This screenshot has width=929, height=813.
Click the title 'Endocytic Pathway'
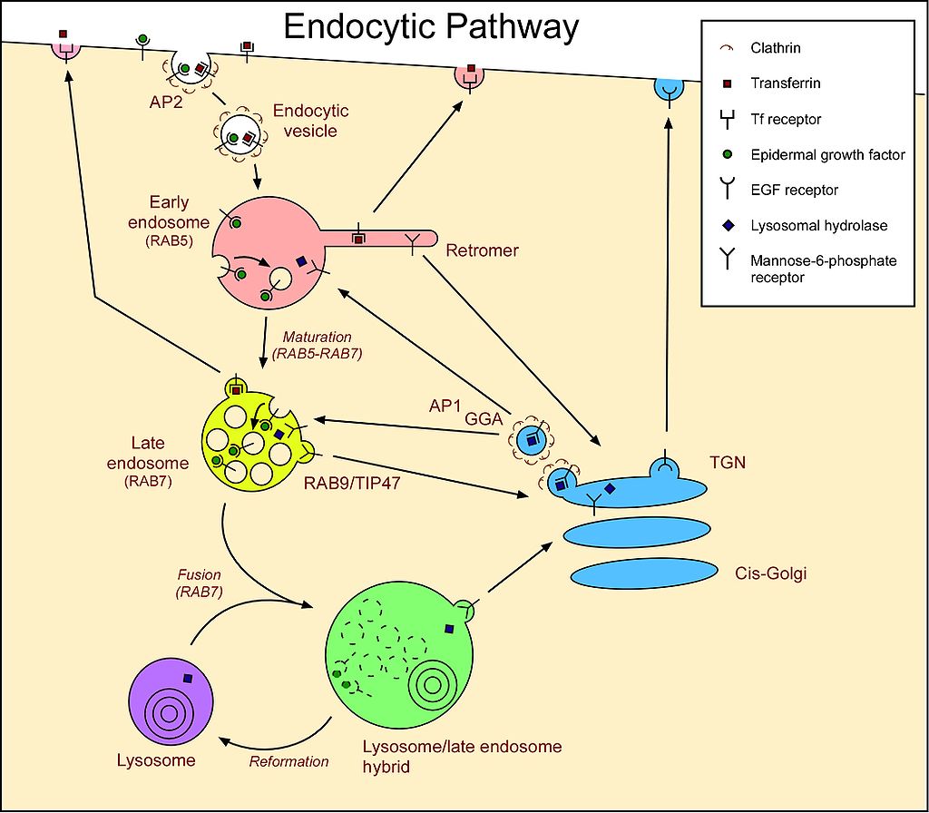click(x=431, y=27)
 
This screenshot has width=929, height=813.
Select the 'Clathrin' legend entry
click(x=776, y=48)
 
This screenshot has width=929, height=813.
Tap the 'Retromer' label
click(x=483, y=250)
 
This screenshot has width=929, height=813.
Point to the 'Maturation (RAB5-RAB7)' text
click(x=318, y=346)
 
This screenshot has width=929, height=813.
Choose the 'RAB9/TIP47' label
click(x=353, y=485)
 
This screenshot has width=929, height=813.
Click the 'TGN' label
click(x=729, y=462)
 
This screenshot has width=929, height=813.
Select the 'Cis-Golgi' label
click(x=770, y=573)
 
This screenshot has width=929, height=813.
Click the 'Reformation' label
click(x=288, y=761)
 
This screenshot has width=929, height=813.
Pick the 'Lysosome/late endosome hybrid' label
click(x=462, y=757)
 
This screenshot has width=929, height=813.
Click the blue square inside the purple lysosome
click(x=188, y=678)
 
